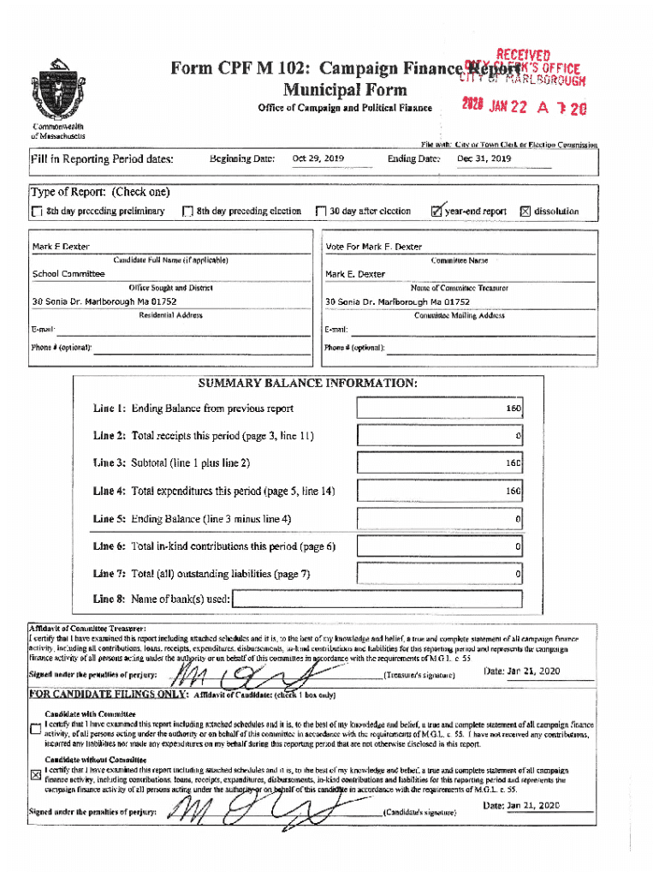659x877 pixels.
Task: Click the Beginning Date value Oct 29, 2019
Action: pyautogui.click(x=318, y=158)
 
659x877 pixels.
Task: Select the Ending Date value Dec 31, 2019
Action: pyautogui.click(x=484, y=158)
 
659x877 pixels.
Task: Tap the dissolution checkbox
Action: pyautogui.click(x=526, y=212)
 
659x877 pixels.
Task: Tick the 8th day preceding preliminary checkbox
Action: pyautogui.click(x=36, y=212)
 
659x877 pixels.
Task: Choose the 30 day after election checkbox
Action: pyautogui.click(x=321, y=212)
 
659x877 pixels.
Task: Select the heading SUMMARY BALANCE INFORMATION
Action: pyautogui.click(x=308, y=383)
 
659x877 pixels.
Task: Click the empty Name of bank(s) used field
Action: pyautogui.click(x=377, y=599)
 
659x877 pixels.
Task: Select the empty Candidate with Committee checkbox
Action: pyautogui.click(x=35, y=729)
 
